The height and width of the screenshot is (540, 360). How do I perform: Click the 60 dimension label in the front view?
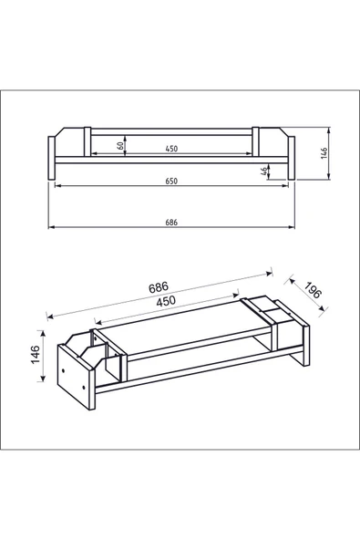(120, 145)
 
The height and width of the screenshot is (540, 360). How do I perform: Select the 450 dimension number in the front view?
(171, 149)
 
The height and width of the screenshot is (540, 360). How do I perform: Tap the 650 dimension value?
(171, 182)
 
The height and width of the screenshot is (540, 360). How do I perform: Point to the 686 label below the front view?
(171, 223)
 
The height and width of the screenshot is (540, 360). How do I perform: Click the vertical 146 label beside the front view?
(324, 153)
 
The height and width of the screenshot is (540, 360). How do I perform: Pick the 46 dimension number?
(264, 171)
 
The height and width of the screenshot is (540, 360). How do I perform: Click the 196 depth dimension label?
(313, 290)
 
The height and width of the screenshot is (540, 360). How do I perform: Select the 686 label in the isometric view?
(159, 286)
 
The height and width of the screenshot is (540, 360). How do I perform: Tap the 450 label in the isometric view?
(166, 301)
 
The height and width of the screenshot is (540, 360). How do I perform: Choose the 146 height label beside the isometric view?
(36, 354)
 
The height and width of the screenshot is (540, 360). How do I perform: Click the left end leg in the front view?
(51, 158)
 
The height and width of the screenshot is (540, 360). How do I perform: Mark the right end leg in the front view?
(292, 158)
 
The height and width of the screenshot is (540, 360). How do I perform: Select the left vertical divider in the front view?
(87, 142)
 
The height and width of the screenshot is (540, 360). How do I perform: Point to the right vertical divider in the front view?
(255, 142)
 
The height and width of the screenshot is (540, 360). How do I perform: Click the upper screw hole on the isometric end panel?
(63, 370)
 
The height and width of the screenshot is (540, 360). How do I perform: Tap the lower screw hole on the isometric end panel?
(84, 389)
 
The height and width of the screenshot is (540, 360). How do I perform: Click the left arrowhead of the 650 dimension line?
(57, 186)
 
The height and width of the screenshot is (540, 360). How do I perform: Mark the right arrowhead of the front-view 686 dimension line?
(292, 227)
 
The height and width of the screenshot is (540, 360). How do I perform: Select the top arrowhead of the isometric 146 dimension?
(43, 333)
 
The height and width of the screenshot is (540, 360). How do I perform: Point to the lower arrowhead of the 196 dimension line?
(322, 308)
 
